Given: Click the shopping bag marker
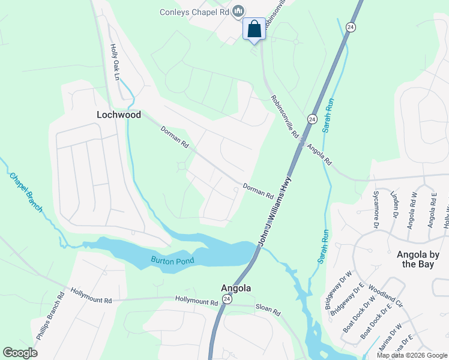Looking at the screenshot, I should (x=254, y=29).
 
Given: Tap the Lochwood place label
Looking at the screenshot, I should (x=119, y=115).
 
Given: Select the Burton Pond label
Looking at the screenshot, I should (x=172, y=262).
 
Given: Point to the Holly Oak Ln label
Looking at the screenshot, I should (x=114, y=62).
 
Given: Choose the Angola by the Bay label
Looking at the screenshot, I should (x=418, y=259).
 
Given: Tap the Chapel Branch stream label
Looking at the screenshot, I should (x=26, y=192).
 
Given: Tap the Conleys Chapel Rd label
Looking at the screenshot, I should (x=194, y=11).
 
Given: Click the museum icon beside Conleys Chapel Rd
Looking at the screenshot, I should (x=239, y=11).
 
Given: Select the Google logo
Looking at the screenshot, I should (x=20, y=353).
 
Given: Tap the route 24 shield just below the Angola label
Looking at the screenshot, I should (x=227, y=299).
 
